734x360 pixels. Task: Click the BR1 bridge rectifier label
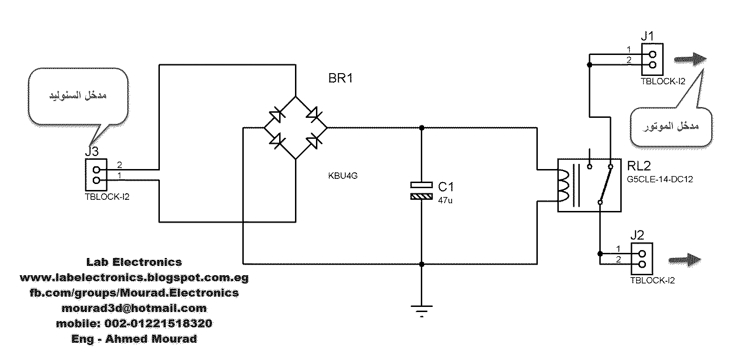(x=340, y=78)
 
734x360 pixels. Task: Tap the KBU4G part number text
(x=343, y=176)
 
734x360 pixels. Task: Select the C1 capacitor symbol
(x=421, y=190)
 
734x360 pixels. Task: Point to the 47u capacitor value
(x=445, y=200)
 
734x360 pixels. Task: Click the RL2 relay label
(x=638, y=166)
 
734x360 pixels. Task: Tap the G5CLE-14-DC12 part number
(x=660, y=179)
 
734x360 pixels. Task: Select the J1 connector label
(x=647, y=36)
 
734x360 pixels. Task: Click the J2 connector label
(x=637, y=235)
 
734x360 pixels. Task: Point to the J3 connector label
(x=92, y=151)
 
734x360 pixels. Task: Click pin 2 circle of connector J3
(x=96, y=170)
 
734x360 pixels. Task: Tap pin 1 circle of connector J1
(x=652, y=54)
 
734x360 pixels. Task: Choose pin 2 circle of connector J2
(x=642, y=264)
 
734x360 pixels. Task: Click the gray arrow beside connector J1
(x=690, y=59)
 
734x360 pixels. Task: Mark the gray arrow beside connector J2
(x=685, y=260)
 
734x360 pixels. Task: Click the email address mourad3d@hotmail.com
(x=134, y=308)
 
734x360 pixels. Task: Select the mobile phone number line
(x=134, y=324)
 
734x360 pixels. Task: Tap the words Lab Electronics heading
(x=134, y=262)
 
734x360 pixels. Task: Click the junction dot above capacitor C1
(x=422, y=128)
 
